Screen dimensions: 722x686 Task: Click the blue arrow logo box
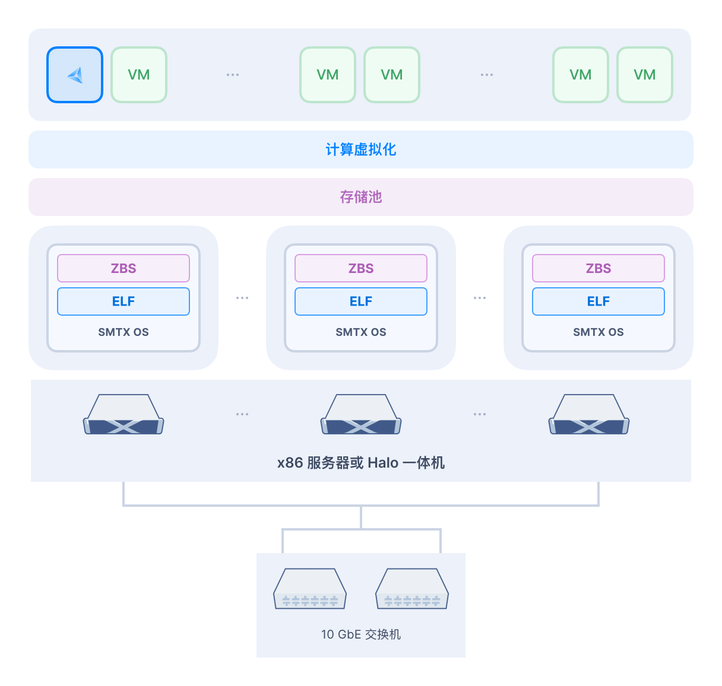pos(75,75)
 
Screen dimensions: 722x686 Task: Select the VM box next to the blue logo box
pos(139,75)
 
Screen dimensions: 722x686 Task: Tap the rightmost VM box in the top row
pos(644,75)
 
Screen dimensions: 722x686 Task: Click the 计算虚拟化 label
pos(360,150)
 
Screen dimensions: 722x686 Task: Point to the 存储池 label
pos(360,197)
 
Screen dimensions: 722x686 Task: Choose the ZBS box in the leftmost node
pos(123,268)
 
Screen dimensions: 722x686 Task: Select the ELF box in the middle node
pos(360,301)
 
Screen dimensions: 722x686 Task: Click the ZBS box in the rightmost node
pos(598,268)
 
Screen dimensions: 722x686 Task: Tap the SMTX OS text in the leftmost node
pos(123,332)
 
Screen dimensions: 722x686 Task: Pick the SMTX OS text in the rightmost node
pos(598,332)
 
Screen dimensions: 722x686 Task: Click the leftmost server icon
pos(123,414)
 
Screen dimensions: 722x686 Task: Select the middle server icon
pos(360,414)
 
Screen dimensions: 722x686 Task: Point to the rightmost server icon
pos(588,414)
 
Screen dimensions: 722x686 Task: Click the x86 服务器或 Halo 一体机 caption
pos(360,462)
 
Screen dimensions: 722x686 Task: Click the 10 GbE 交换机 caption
pos(360,634)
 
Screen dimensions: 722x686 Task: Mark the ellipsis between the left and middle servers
pos(242,414)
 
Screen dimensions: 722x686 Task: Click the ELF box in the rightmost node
pos(598,301)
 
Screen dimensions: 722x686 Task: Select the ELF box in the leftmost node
pos(123,301)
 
